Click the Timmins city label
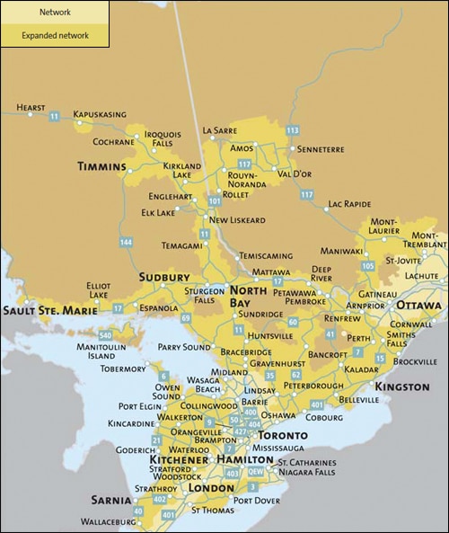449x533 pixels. click(101, 166)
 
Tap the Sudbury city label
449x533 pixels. click(164, 277)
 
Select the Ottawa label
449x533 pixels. click(418, 305)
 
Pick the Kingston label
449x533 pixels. click(402, 386)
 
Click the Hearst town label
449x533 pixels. click(30, 108)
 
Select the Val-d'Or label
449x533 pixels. click(295, 173)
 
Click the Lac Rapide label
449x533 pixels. click(349, 204)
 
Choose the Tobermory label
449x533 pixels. click(123, 369)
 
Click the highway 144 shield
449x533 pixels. click(125, 243)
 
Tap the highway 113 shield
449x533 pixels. click(292, 130)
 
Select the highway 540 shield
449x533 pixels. click(105, 335)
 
